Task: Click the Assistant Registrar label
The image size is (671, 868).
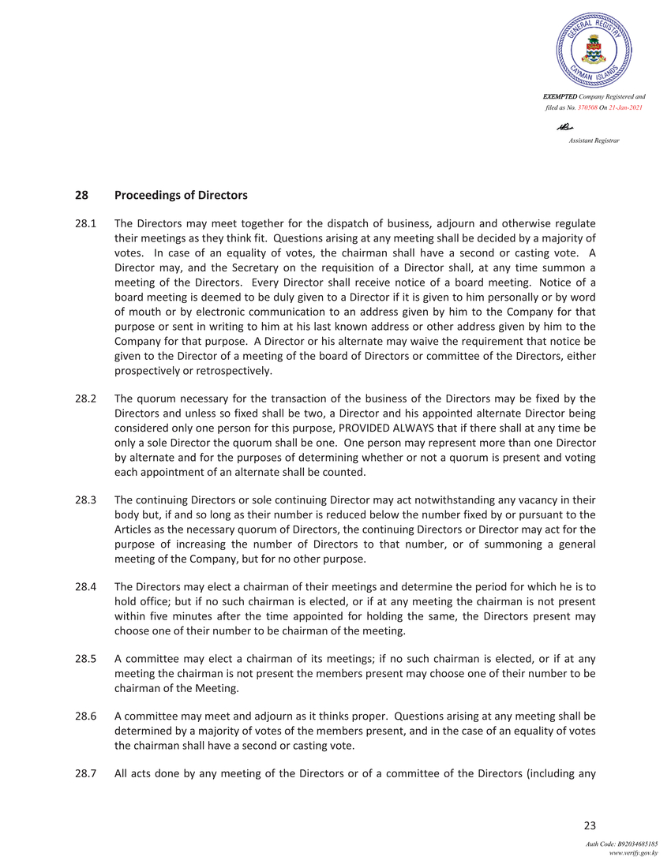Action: point(594,140)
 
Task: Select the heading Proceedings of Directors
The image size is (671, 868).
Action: point(181,195)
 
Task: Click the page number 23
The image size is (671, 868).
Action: point(589,825)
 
